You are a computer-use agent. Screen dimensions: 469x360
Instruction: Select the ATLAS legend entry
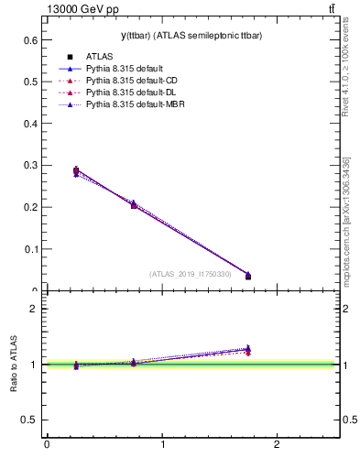pos(102,57)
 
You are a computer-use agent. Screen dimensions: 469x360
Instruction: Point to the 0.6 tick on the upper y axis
pos(30,40)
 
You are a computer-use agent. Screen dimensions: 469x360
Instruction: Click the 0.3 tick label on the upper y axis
pos(30,166)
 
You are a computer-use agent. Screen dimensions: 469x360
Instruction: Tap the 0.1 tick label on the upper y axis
pos(30,249)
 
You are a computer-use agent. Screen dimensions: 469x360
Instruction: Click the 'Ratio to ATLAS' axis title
pos(15,365)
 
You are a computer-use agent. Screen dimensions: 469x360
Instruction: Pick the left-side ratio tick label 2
pos(34,310)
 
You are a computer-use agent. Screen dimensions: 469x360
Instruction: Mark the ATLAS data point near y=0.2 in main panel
pos(134,205)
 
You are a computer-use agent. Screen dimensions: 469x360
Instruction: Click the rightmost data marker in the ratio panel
pos(248,349)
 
